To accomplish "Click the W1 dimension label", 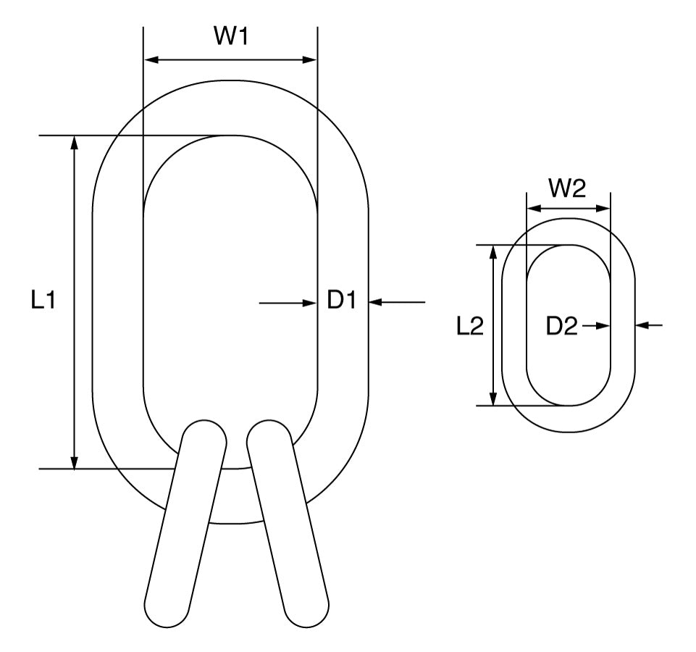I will point(230,37).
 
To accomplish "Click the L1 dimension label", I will point(43,301).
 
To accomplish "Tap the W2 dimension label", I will point(567,189).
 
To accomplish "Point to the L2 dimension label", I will point(469,327).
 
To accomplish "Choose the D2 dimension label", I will point(562,327).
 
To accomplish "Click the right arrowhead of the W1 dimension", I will point(311,59).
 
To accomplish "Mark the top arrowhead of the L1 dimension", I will point(74,142).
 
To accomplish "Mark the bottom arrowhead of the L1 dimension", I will point(74,462).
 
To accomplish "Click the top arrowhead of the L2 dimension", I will point(494,251).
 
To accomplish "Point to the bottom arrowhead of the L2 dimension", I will point(494,399).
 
